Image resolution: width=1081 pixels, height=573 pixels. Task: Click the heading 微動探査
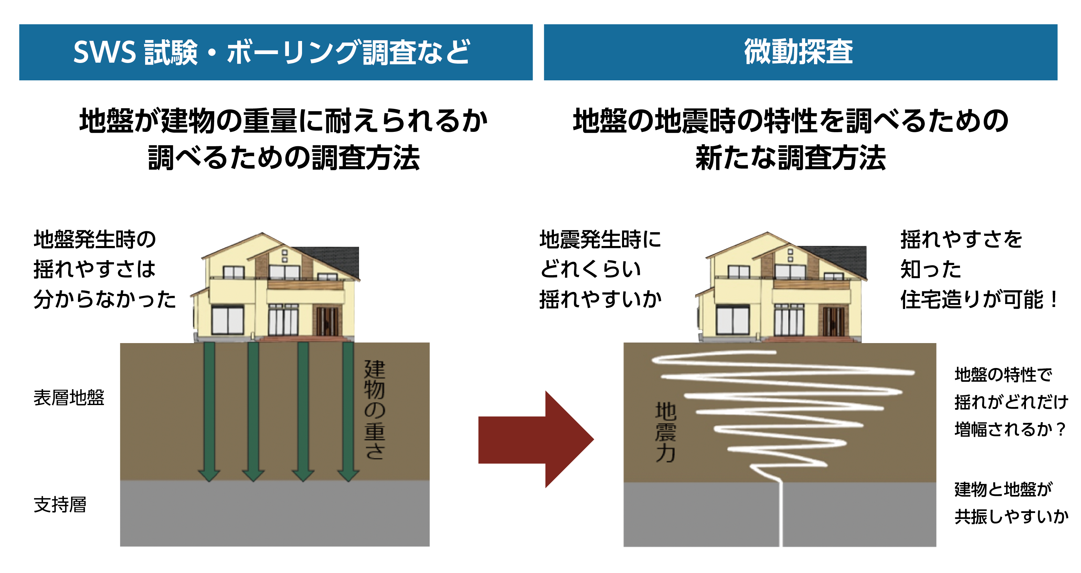tap(798, 52)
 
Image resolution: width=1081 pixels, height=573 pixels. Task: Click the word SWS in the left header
tap(104, 52)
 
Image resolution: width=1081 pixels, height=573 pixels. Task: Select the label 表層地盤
tap(69, 398)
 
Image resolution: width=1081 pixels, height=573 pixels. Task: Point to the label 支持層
tap(60, 504)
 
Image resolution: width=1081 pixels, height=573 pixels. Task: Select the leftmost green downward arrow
tap(209, 412)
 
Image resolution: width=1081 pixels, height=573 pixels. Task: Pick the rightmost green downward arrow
tap(348, 412)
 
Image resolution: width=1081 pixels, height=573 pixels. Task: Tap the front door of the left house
tap(327, 321)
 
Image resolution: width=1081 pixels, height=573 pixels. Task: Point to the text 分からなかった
tap(104, 299)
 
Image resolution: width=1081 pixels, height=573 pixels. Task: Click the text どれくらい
tap(590, 269)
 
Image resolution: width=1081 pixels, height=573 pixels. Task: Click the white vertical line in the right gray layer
tap(781, 515)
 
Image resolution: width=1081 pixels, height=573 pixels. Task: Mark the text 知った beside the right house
tap(930, 269)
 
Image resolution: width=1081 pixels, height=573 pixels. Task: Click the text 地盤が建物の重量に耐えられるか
tap(283, 121)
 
